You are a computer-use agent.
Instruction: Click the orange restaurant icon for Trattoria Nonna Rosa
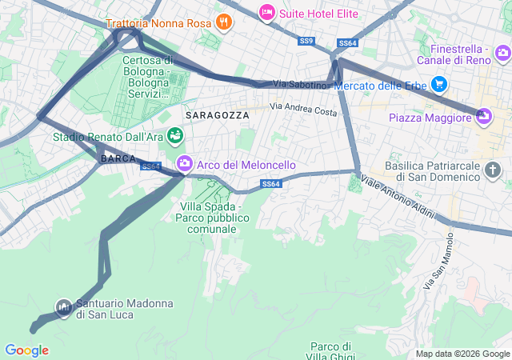point(224,23)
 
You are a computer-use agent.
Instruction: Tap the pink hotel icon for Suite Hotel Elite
point(266,11)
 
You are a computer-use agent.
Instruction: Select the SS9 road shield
point(306,41)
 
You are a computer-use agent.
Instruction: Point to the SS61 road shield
point(150,166)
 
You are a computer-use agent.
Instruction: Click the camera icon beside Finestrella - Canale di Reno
point(502,54)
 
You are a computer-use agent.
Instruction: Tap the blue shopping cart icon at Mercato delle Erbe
point(438,84)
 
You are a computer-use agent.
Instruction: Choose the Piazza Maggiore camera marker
point(483,118)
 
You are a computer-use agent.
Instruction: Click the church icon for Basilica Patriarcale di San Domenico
point(493,170)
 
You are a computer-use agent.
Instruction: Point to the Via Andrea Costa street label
point(303,110)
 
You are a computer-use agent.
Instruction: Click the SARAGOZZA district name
point(217,115)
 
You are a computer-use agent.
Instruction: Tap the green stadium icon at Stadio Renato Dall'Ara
point(174,137)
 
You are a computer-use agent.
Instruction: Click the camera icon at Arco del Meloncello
point(184,164)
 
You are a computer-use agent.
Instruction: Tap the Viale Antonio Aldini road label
point(397,198)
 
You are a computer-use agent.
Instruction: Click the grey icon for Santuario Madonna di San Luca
point(63,306)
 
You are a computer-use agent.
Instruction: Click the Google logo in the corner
point(26,350)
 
